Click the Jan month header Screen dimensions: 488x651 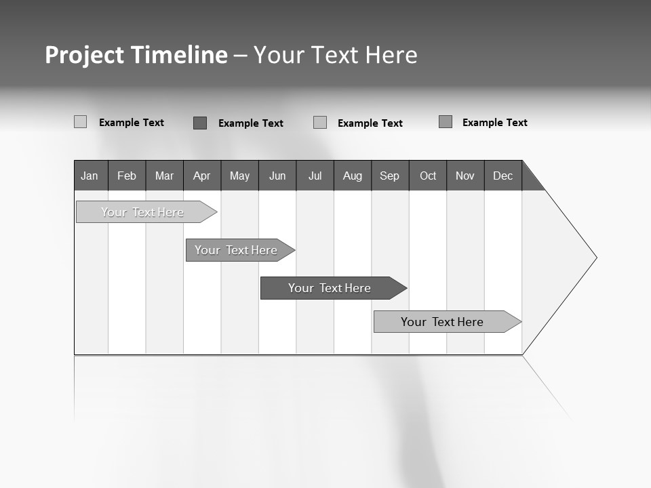[x=90, y=176]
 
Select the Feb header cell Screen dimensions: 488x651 [x=127, y=176]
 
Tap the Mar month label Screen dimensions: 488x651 [x=164, y=176]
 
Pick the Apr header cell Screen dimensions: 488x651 [x=202, y=176]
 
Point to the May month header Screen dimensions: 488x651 [x=239, y=176]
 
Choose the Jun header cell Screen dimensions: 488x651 [x=277, y=176]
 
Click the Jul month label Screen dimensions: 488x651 [x=315, y=176]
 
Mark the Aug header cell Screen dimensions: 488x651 [x=353, y=176]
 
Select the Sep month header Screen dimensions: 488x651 [x=390, y=176]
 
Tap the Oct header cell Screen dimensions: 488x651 [x=428, y=176]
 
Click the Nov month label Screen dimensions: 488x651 [x=465, y=176]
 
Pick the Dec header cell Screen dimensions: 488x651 [x=503, y=176]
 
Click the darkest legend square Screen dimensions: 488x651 [x=200, y=123]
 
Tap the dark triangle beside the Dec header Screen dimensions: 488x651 [x=530, y=179]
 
